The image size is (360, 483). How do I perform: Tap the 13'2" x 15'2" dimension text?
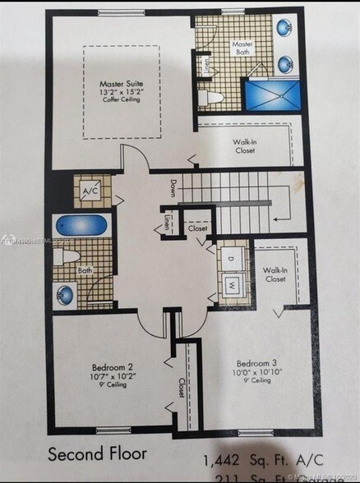[x=122, y=93]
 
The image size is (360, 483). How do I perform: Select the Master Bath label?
[x=242, y=47]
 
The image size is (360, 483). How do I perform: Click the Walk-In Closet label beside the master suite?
[x=246, y=145]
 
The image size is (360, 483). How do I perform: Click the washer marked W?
[x=233, y=284]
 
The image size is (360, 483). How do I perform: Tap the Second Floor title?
[x=98, y=453]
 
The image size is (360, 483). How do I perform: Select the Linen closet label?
[x=168, y=221]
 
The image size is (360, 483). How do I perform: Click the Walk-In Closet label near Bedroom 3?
[x=274, y=274]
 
